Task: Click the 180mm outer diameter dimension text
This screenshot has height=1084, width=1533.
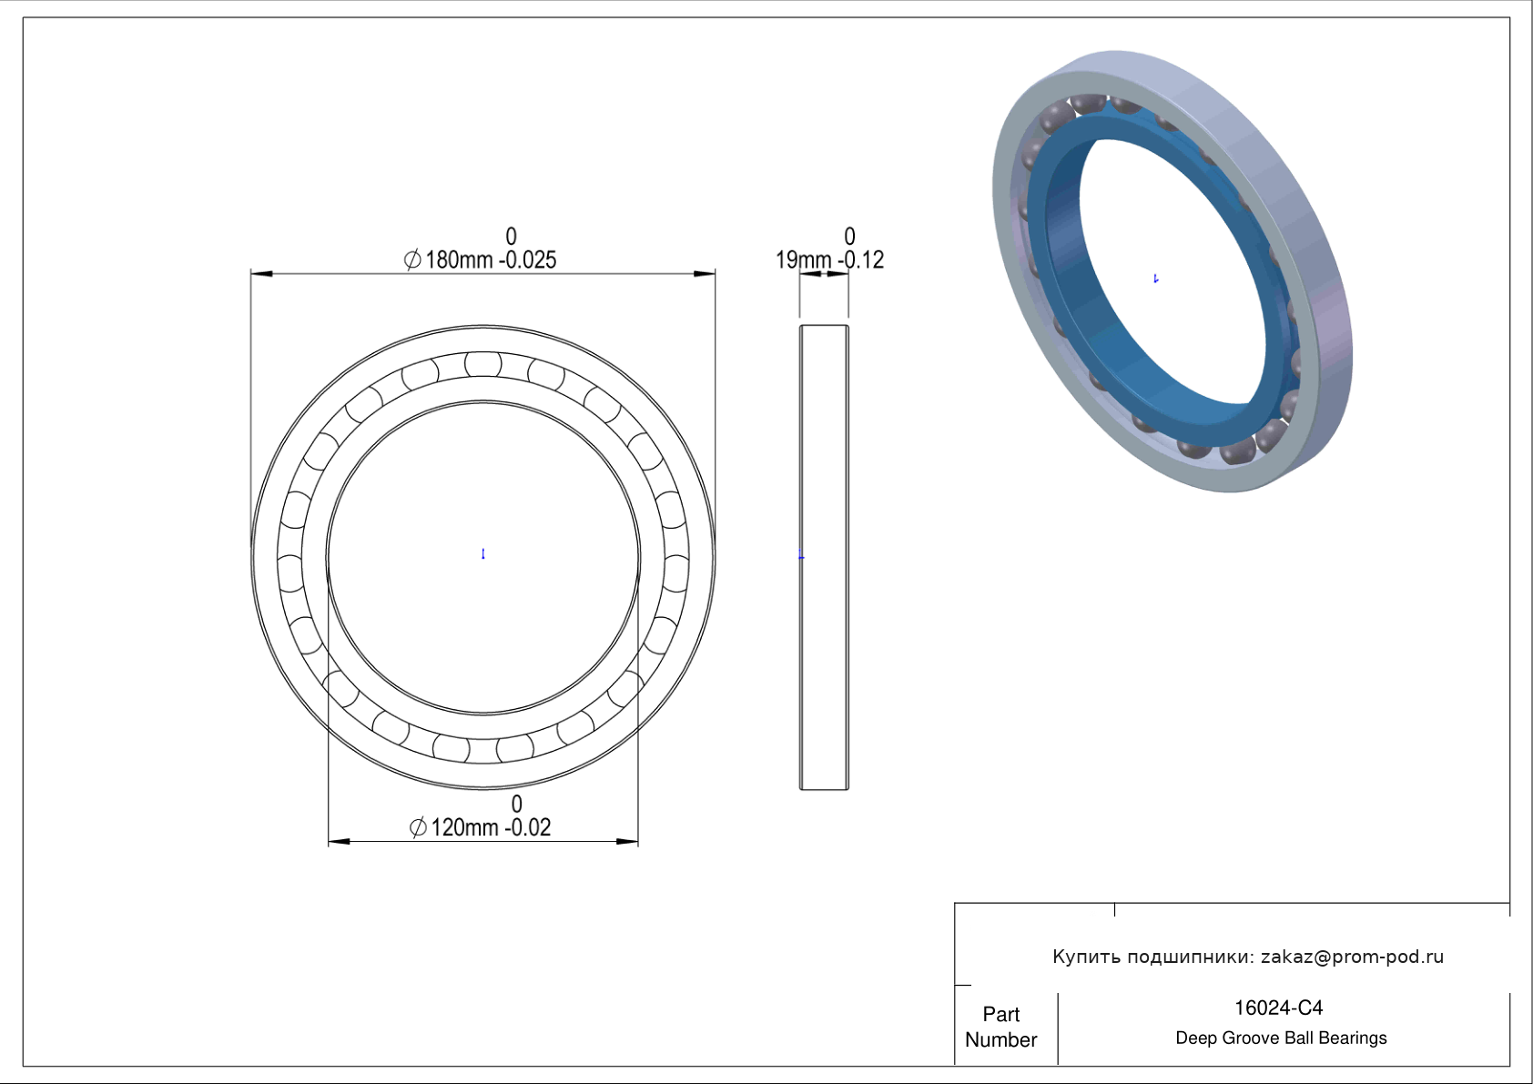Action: [x=459, y=260]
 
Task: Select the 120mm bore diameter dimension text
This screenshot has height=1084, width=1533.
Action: [x=464, y=827]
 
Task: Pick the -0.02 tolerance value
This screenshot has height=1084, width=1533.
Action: [x=528, y=827]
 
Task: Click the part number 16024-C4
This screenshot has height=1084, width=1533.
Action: [x=1278, y=1008]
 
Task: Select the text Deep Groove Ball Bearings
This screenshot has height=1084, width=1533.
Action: [x=1281, y=1038]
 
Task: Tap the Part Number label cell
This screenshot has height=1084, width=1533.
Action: [x=1001, y=1027]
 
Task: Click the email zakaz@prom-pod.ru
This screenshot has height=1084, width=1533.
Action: [x=1353, y=957]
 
